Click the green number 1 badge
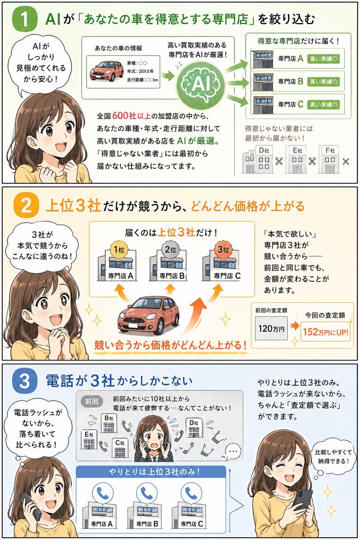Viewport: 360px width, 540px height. click(24, 19)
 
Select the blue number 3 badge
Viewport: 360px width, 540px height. click(24, 380)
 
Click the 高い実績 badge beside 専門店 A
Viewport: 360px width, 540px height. click(324, 59)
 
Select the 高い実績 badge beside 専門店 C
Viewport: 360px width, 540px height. click(324, 105)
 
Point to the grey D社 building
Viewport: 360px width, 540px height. click(258, 160)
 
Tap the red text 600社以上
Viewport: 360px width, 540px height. click(132, 116)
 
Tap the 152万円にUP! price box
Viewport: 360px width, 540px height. click(325, 332)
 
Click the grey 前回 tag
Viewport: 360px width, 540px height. click(92, 401)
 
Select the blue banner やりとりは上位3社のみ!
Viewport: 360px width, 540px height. click(154, 472)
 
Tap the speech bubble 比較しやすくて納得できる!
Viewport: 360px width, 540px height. click(333, 456)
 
